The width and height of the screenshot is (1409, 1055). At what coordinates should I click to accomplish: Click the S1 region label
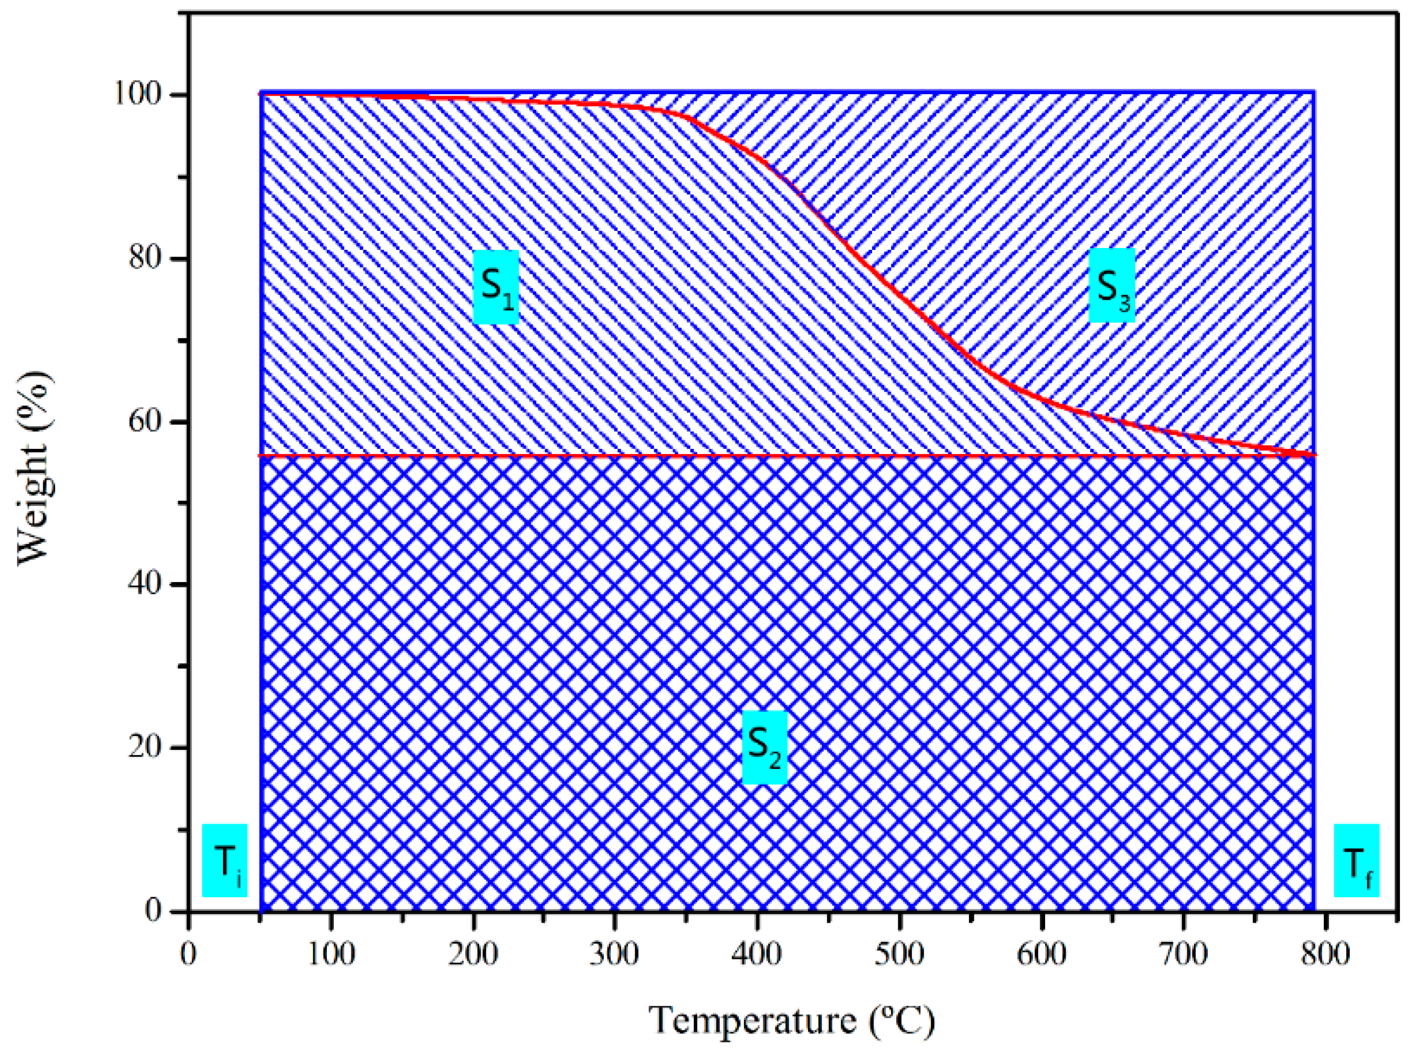click(496, 287)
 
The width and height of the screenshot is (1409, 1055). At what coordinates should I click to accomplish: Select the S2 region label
click(764, 747)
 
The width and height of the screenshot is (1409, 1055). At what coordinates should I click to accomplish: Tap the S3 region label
click(1112, 286)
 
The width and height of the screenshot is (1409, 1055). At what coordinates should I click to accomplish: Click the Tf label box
click(1356, 861)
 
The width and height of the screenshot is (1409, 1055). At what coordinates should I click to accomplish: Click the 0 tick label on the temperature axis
click(188, 954)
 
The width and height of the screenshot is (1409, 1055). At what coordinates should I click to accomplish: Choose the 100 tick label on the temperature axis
click(331, 954)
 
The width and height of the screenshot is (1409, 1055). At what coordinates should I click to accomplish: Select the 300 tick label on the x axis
click(615, 954)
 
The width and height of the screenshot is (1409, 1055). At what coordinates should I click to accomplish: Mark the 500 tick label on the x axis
click(899, 954)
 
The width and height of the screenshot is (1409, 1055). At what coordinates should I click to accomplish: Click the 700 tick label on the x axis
click(1183, 954)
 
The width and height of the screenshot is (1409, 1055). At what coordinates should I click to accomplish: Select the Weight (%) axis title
click(35, 468)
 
